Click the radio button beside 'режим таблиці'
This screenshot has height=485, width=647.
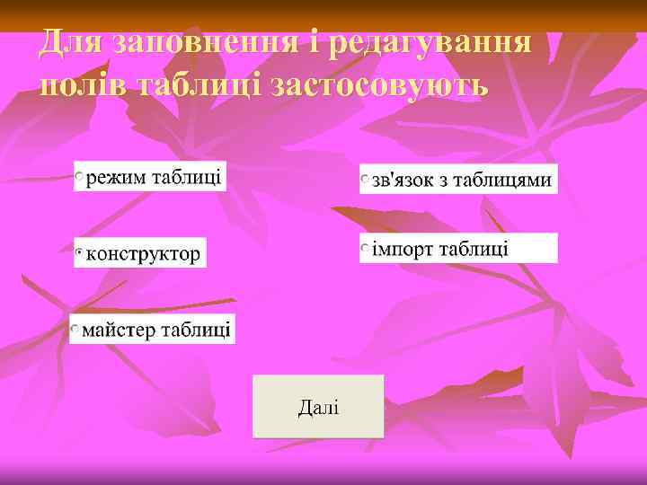tap(80, 176)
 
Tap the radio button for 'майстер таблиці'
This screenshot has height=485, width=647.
tap(77, 331)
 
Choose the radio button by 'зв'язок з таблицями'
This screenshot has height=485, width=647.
tap(366, 180)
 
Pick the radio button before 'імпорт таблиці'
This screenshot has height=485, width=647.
tap(366, 248)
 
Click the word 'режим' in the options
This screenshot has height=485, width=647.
tap(116, 176)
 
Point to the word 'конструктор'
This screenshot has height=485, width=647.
tap(144, 254)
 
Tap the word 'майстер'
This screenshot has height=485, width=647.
tap(119, 331)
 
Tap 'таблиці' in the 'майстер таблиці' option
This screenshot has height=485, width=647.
tap(196, 331)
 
